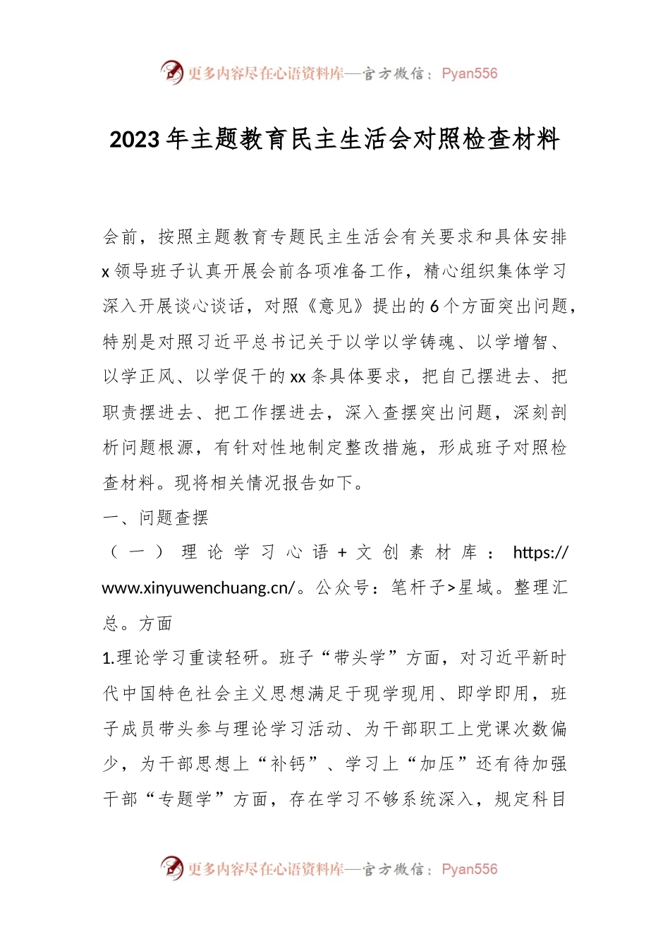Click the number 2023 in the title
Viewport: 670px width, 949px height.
point(135,140)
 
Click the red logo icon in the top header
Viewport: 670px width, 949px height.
point(171,73)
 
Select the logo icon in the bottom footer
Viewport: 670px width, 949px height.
point(171,869)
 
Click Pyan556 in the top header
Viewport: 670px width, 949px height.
point(470,73)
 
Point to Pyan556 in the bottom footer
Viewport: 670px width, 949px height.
point(470,870)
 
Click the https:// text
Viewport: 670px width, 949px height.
point(540,553)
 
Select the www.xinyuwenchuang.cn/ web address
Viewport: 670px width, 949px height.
point(198,588)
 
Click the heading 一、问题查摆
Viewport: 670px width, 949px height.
point(156,518)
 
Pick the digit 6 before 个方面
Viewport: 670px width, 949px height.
point(434,306)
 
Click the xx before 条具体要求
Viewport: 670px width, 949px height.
point(298,377)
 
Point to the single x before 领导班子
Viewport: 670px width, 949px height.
point(106,272)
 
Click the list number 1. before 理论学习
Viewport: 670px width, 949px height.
point(108,659)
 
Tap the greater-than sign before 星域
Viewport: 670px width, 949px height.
point(451,588)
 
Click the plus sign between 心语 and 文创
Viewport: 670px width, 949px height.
point(342,553)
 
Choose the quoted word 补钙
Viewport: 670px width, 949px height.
point(288,764)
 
